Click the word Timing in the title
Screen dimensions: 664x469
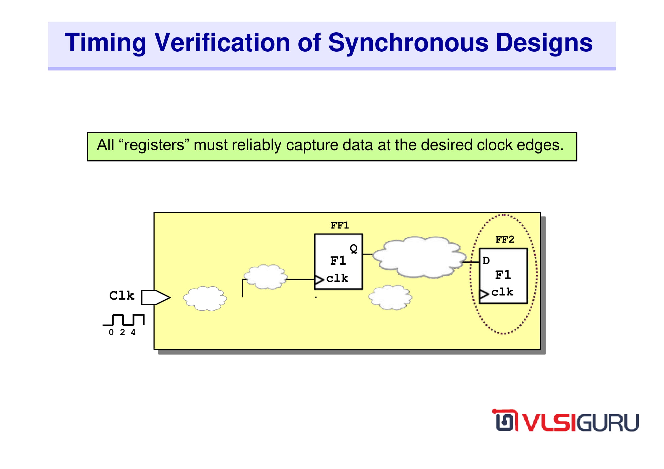click(105, 43)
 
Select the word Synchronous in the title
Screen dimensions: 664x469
click(408, 43)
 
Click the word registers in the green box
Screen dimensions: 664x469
click(154, 145)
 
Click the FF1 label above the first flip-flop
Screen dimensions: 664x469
click(340, 225)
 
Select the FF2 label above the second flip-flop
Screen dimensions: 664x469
click(505, 239)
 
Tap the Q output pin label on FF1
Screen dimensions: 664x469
click(354, 249)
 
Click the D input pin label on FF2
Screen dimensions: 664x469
click(486, 261)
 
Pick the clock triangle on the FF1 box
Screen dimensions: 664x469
click(319, 280)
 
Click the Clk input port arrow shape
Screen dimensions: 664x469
click(156, 297)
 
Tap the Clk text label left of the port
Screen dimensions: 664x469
click(122, 296)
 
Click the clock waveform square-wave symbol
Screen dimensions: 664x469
click(124, 320)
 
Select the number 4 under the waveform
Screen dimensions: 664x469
click(133, 332)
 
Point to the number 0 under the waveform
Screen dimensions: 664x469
click(111, 332)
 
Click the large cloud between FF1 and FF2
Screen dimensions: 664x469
click(420, 257)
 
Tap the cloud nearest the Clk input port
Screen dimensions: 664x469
click(205, 298)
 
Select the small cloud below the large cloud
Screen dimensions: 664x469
click(390, 297)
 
